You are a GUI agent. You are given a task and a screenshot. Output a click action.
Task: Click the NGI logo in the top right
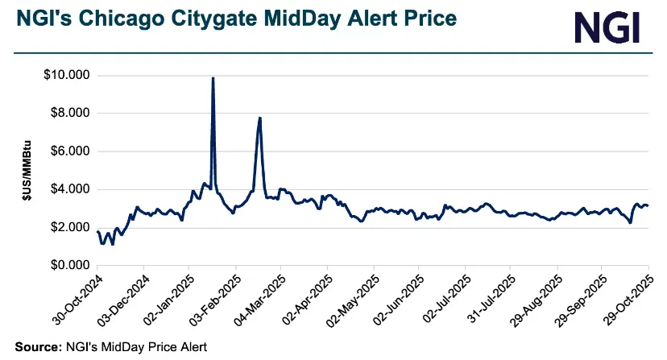tap(607, 27)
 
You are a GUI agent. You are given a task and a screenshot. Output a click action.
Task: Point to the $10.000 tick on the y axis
tap(68, 76)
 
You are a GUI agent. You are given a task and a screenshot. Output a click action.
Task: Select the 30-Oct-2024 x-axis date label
tap(76, 299)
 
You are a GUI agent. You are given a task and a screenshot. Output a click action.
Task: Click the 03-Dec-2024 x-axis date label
tap(122, 299)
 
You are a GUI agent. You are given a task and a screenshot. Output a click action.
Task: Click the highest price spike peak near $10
tap(213, 78)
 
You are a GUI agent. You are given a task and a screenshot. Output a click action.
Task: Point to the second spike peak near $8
tap(259, 118)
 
